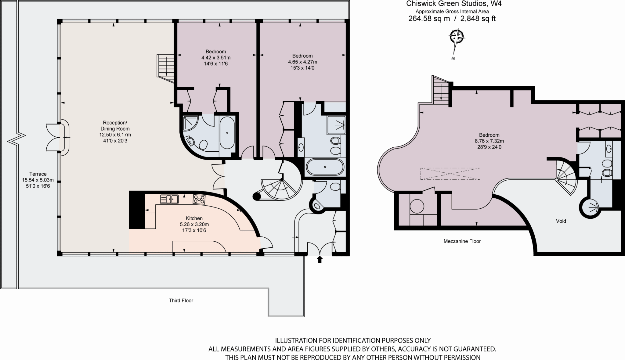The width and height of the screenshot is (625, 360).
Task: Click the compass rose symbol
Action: tap(457, 38)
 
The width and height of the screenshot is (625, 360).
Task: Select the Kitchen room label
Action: tap(194, 218)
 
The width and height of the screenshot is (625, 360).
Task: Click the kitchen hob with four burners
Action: tap(199, 200)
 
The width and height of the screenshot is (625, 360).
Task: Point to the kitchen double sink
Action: tap(169, 199)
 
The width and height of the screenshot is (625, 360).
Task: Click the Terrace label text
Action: tap(38, 174)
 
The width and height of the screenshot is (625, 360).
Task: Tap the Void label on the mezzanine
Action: tap(561, 221)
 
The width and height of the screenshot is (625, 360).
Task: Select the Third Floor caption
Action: tap(181, 301)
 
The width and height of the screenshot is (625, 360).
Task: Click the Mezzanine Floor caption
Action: tap(462, 241)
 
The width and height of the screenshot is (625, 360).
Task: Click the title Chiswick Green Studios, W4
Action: tap(454, 4)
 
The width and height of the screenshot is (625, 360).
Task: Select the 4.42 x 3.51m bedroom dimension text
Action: tap(216, 58)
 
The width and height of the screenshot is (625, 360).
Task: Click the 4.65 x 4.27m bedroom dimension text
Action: tap(302, 62)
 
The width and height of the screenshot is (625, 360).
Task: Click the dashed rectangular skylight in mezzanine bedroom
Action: tap(450, 174)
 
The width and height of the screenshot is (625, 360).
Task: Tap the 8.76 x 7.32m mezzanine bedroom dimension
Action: tap(489, 141)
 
